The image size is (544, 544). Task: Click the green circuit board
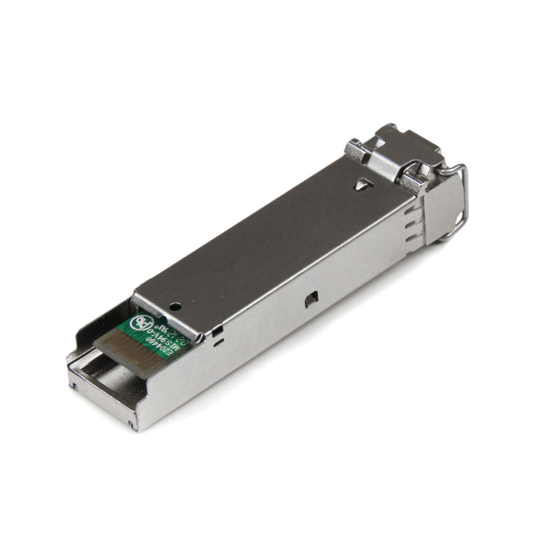tap(155, 330)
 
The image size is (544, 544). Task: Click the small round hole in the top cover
tap(176, 307)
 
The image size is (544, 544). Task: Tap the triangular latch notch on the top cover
tap(361, 185)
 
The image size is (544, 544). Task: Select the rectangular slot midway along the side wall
tap(311, 298)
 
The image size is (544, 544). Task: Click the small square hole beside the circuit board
tap(219, 331)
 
